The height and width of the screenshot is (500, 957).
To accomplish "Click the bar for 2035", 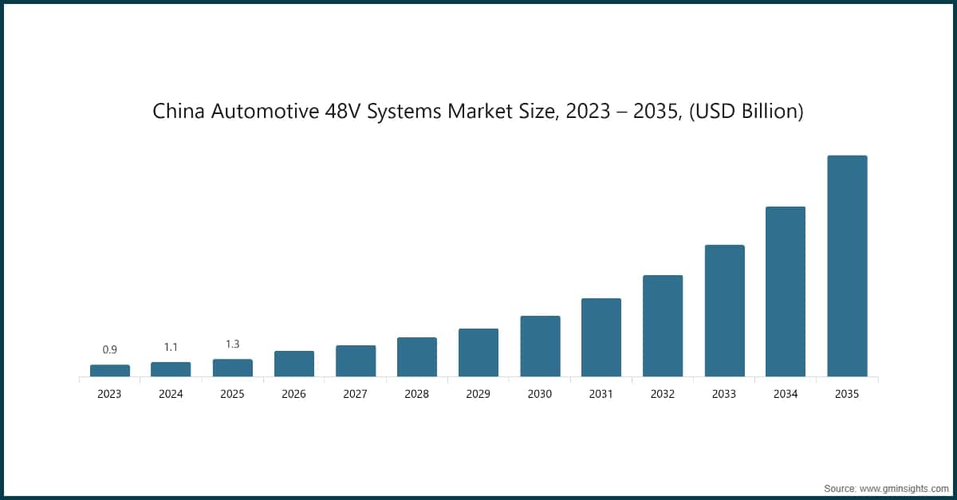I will tap(847, 266).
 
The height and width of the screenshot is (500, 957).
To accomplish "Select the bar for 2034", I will tap(786, 291).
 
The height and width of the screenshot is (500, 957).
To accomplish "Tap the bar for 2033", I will tap(724, 310).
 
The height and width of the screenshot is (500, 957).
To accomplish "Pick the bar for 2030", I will tap(540, 346).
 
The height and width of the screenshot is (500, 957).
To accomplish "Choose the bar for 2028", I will tap(417, 356).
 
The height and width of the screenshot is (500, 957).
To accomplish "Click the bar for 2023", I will tap(110, 370).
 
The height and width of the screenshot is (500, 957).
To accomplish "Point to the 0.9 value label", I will tap(110, 349).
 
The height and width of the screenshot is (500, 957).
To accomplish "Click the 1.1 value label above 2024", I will tap(171, 347).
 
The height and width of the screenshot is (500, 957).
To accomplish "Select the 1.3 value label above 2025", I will tap(233, 344).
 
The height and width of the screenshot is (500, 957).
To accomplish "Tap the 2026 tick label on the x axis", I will tap(294, 394).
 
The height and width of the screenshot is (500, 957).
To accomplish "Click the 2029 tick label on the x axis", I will tap(478, 394).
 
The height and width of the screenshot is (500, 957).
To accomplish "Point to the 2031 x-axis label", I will tap(601, 394).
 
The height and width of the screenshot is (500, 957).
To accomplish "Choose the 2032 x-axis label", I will tap(663, 394).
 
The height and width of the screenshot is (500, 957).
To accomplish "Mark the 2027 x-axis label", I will tap(356, 394).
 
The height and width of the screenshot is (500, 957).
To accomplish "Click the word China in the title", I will tap(179, 112).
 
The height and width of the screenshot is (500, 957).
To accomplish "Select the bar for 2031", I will tap(601, 337).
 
